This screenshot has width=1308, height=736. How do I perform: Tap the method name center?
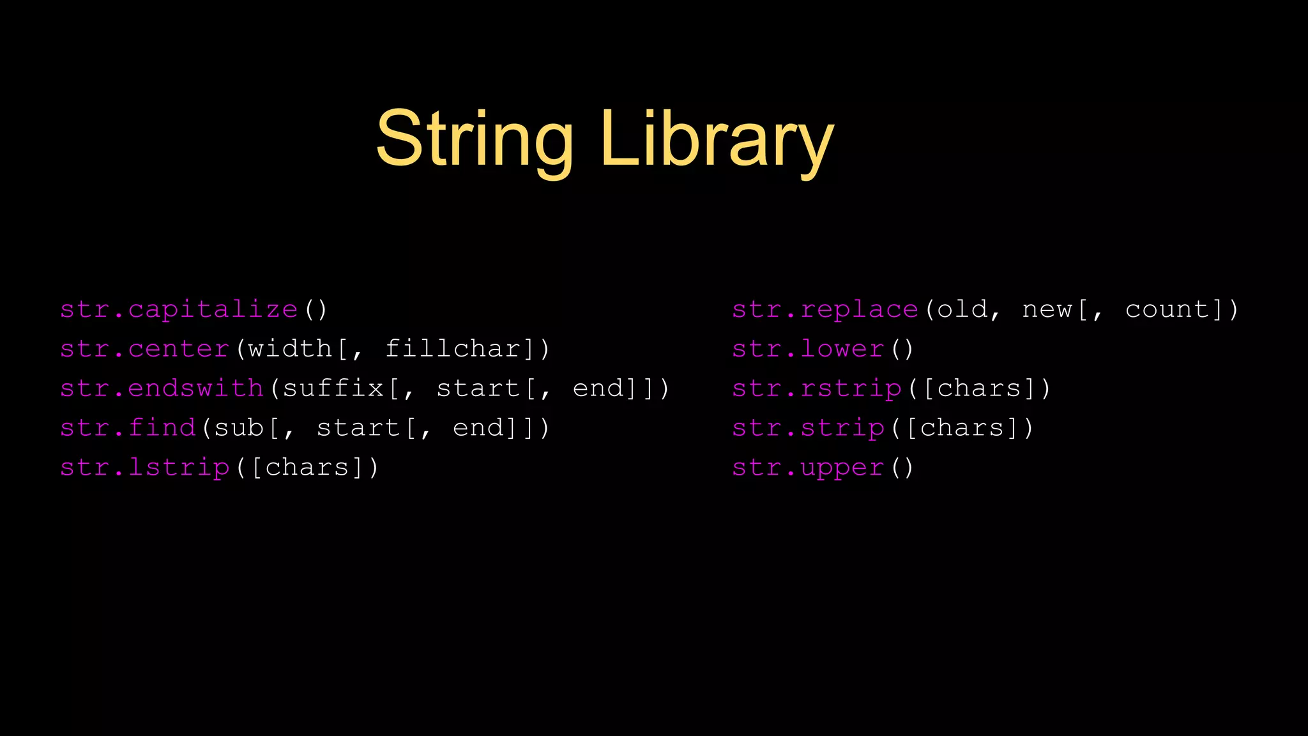point(179,349)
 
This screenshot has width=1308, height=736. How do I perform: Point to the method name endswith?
point(196,388)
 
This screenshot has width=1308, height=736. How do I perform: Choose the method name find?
point(162,428)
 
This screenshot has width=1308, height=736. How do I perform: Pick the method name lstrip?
point(179,468)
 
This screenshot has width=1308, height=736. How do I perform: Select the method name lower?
point(842,349)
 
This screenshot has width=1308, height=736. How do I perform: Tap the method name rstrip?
point(851,388)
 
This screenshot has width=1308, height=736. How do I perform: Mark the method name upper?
point(842,468)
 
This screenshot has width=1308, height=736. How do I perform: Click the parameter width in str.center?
point(291,349)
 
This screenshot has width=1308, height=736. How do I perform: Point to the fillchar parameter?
point(453,349)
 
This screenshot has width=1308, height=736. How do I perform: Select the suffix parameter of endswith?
point(333,388)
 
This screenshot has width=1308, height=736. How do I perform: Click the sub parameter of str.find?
point(239,428)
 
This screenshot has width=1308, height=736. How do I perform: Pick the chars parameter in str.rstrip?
point(978,388)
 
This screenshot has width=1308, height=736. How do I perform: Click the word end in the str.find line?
point(478,428)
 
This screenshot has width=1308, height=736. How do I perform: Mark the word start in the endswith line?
point(478,388)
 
